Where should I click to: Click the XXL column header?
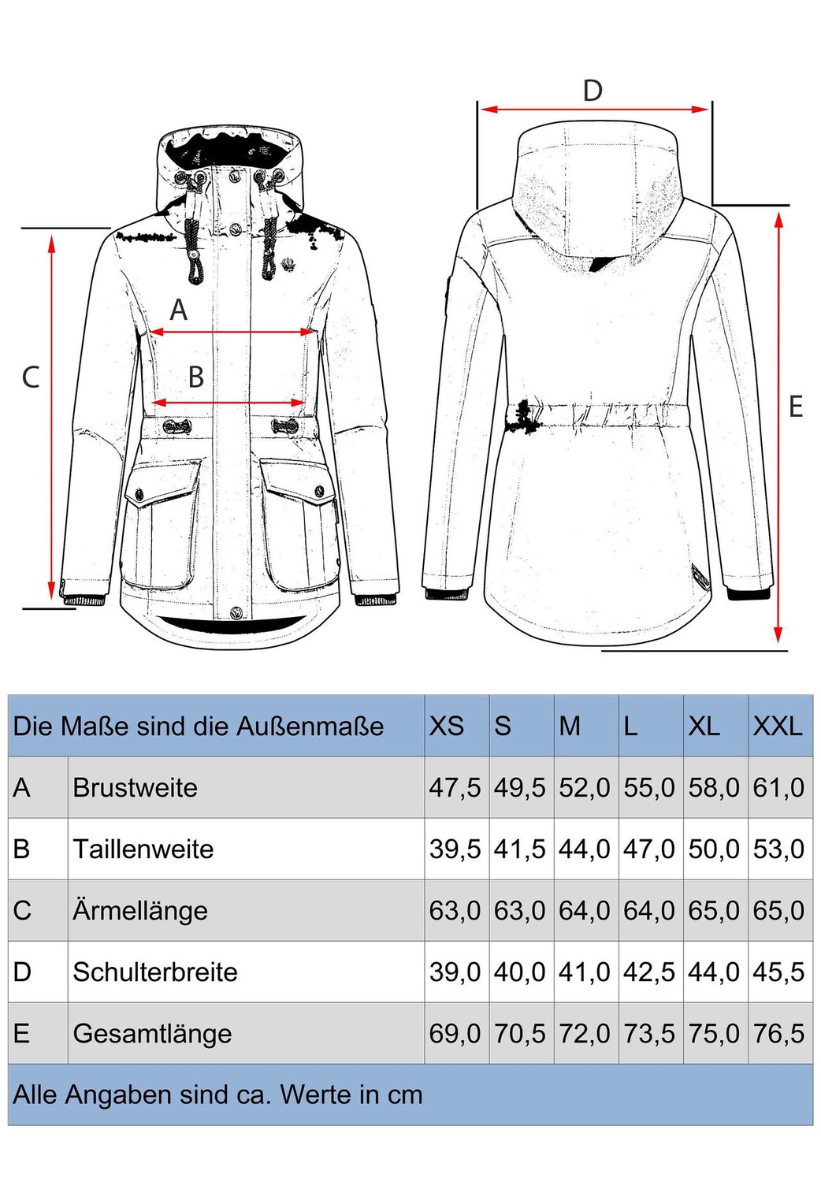(778, 726)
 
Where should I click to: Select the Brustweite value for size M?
(585, 787)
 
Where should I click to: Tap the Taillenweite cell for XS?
(455, 849)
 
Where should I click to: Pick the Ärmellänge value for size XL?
(714, 910)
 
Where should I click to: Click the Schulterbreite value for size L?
(649, 972)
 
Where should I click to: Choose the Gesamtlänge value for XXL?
(778, 1033)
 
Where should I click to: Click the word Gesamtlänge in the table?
(152, 1033)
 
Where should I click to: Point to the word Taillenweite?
(143, 849)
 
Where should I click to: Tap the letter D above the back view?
(593, 91)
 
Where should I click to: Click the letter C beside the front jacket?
(31, 377)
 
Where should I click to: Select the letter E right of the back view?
(796, 407)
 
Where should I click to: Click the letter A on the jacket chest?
(179, 310)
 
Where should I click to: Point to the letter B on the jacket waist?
(196, 377)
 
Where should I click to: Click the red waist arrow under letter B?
(228, 403)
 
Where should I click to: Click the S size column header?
(503, 726)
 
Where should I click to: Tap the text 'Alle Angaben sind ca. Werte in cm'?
(217, 1095)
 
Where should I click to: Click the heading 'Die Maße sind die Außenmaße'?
(199, 726)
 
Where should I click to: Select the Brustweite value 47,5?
(455, 787)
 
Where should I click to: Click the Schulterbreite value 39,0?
(455, 972)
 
